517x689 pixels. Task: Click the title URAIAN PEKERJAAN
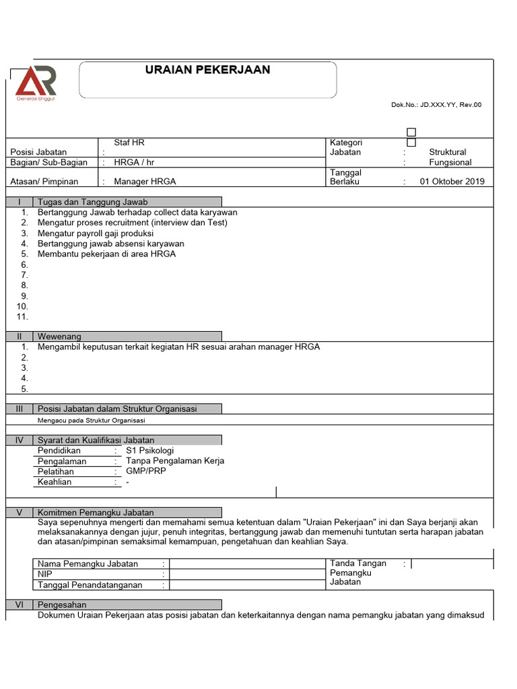(208, 70)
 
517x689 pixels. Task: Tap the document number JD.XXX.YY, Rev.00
(436, 104)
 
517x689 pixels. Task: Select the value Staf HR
(129, 143)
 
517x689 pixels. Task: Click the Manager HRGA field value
(145, 182)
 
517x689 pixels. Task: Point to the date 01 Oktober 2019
(452, 182)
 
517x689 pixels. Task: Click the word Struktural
(447, 152)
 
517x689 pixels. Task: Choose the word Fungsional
(450, 162)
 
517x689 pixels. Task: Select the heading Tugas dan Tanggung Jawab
(93, 202)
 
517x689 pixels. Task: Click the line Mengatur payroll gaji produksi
(96, 233)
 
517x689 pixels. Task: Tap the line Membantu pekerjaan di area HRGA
(106, 254)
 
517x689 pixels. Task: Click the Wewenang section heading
(59, 336)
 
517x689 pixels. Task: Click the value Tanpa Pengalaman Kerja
(175, 461)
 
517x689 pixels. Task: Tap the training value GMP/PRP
(146, 472)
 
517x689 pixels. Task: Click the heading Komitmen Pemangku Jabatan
(96, 512)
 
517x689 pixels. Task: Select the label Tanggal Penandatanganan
(90, 585)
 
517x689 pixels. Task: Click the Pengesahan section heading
(62, 605)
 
